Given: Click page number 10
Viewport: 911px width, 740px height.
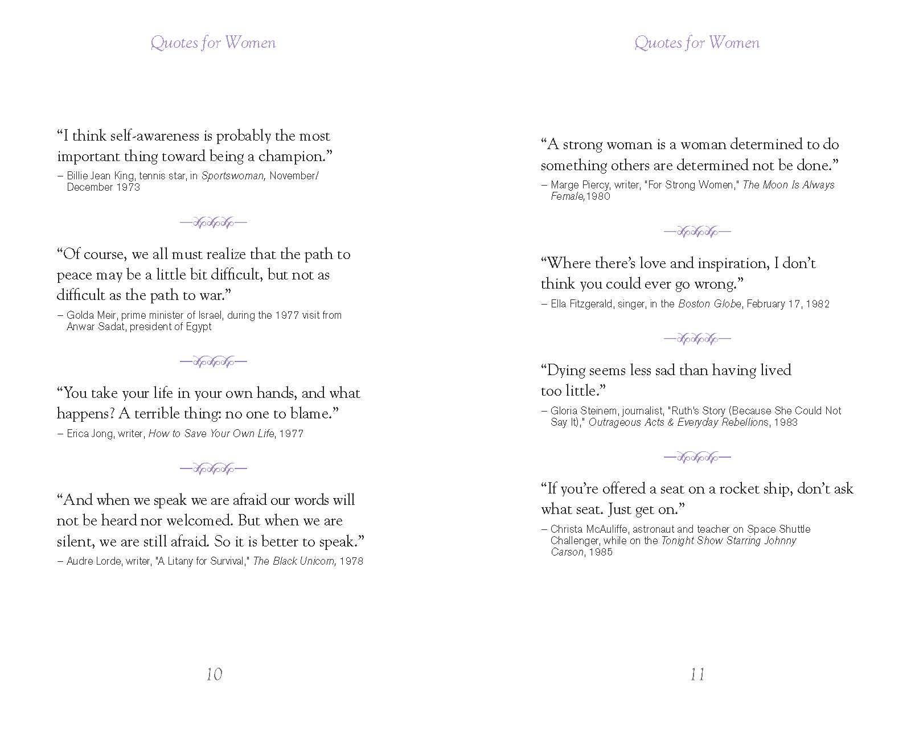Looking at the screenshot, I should pos(214,675).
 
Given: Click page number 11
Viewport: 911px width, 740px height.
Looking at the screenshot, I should pos(697,675).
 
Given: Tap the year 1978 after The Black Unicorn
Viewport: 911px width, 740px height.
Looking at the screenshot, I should pos(351,561).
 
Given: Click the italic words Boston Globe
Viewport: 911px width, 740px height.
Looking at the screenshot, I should pos(709,304).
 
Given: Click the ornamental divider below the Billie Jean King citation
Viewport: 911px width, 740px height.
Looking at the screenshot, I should pos(214,222).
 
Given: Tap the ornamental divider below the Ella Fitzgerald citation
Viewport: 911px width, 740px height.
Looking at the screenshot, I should pos(697,339).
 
